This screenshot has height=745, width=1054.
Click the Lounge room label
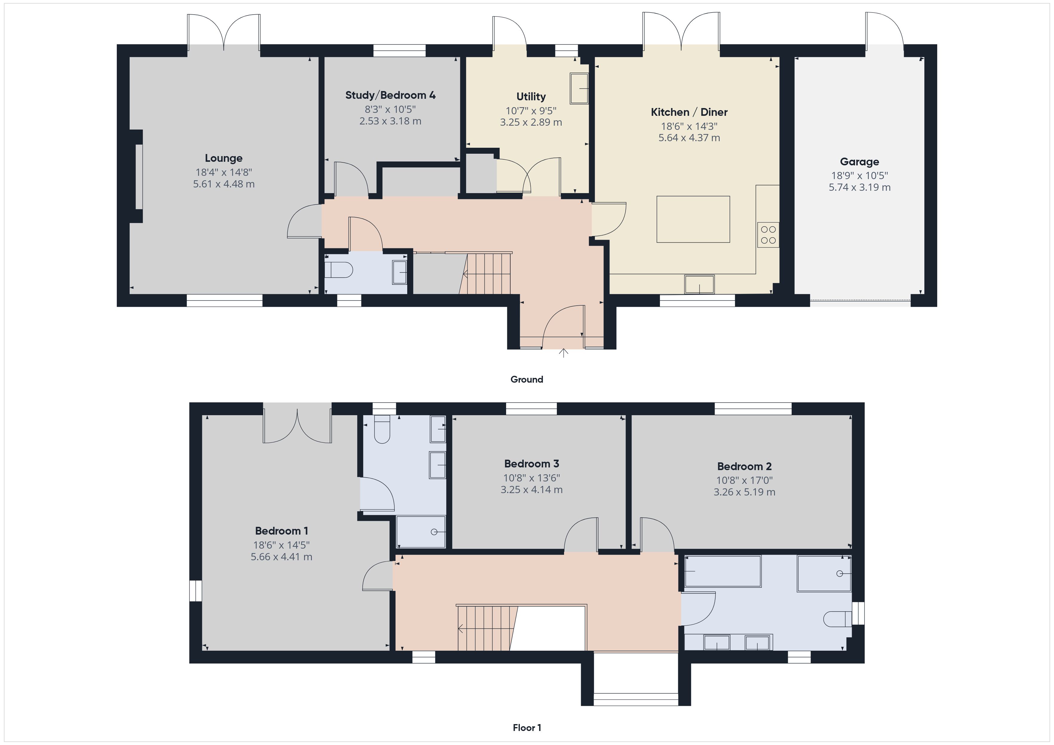click(x=223, y=158)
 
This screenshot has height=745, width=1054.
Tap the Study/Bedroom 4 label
click(x=390, y=96)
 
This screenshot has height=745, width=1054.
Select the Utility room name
click(x=531, y=97)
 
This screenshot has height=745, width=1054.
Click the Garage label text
click(x=859, y=162)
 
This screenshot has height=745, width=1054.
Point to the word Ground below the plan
click(x=526, y=379)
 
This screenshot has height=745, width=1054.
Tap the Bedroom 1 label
click(x=281, y=531)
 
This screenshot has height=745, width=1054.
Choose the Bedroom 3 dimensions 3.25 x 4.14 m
click(x=531, y=490)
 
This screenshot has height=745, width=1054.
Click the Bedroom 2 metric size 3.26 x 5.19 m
click(x=744, y=492)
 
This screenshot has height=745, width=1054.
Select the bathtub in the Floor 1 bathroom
click(x=723, y=571)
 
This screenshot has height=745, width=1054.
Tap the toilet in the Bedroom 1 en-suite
click(x=382, y=429)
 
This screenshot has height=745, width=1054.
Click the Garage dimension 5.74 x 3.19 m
click(x=859, y=187)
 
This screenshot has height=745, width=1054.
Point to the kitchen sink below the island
click(x=699, y=284)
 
